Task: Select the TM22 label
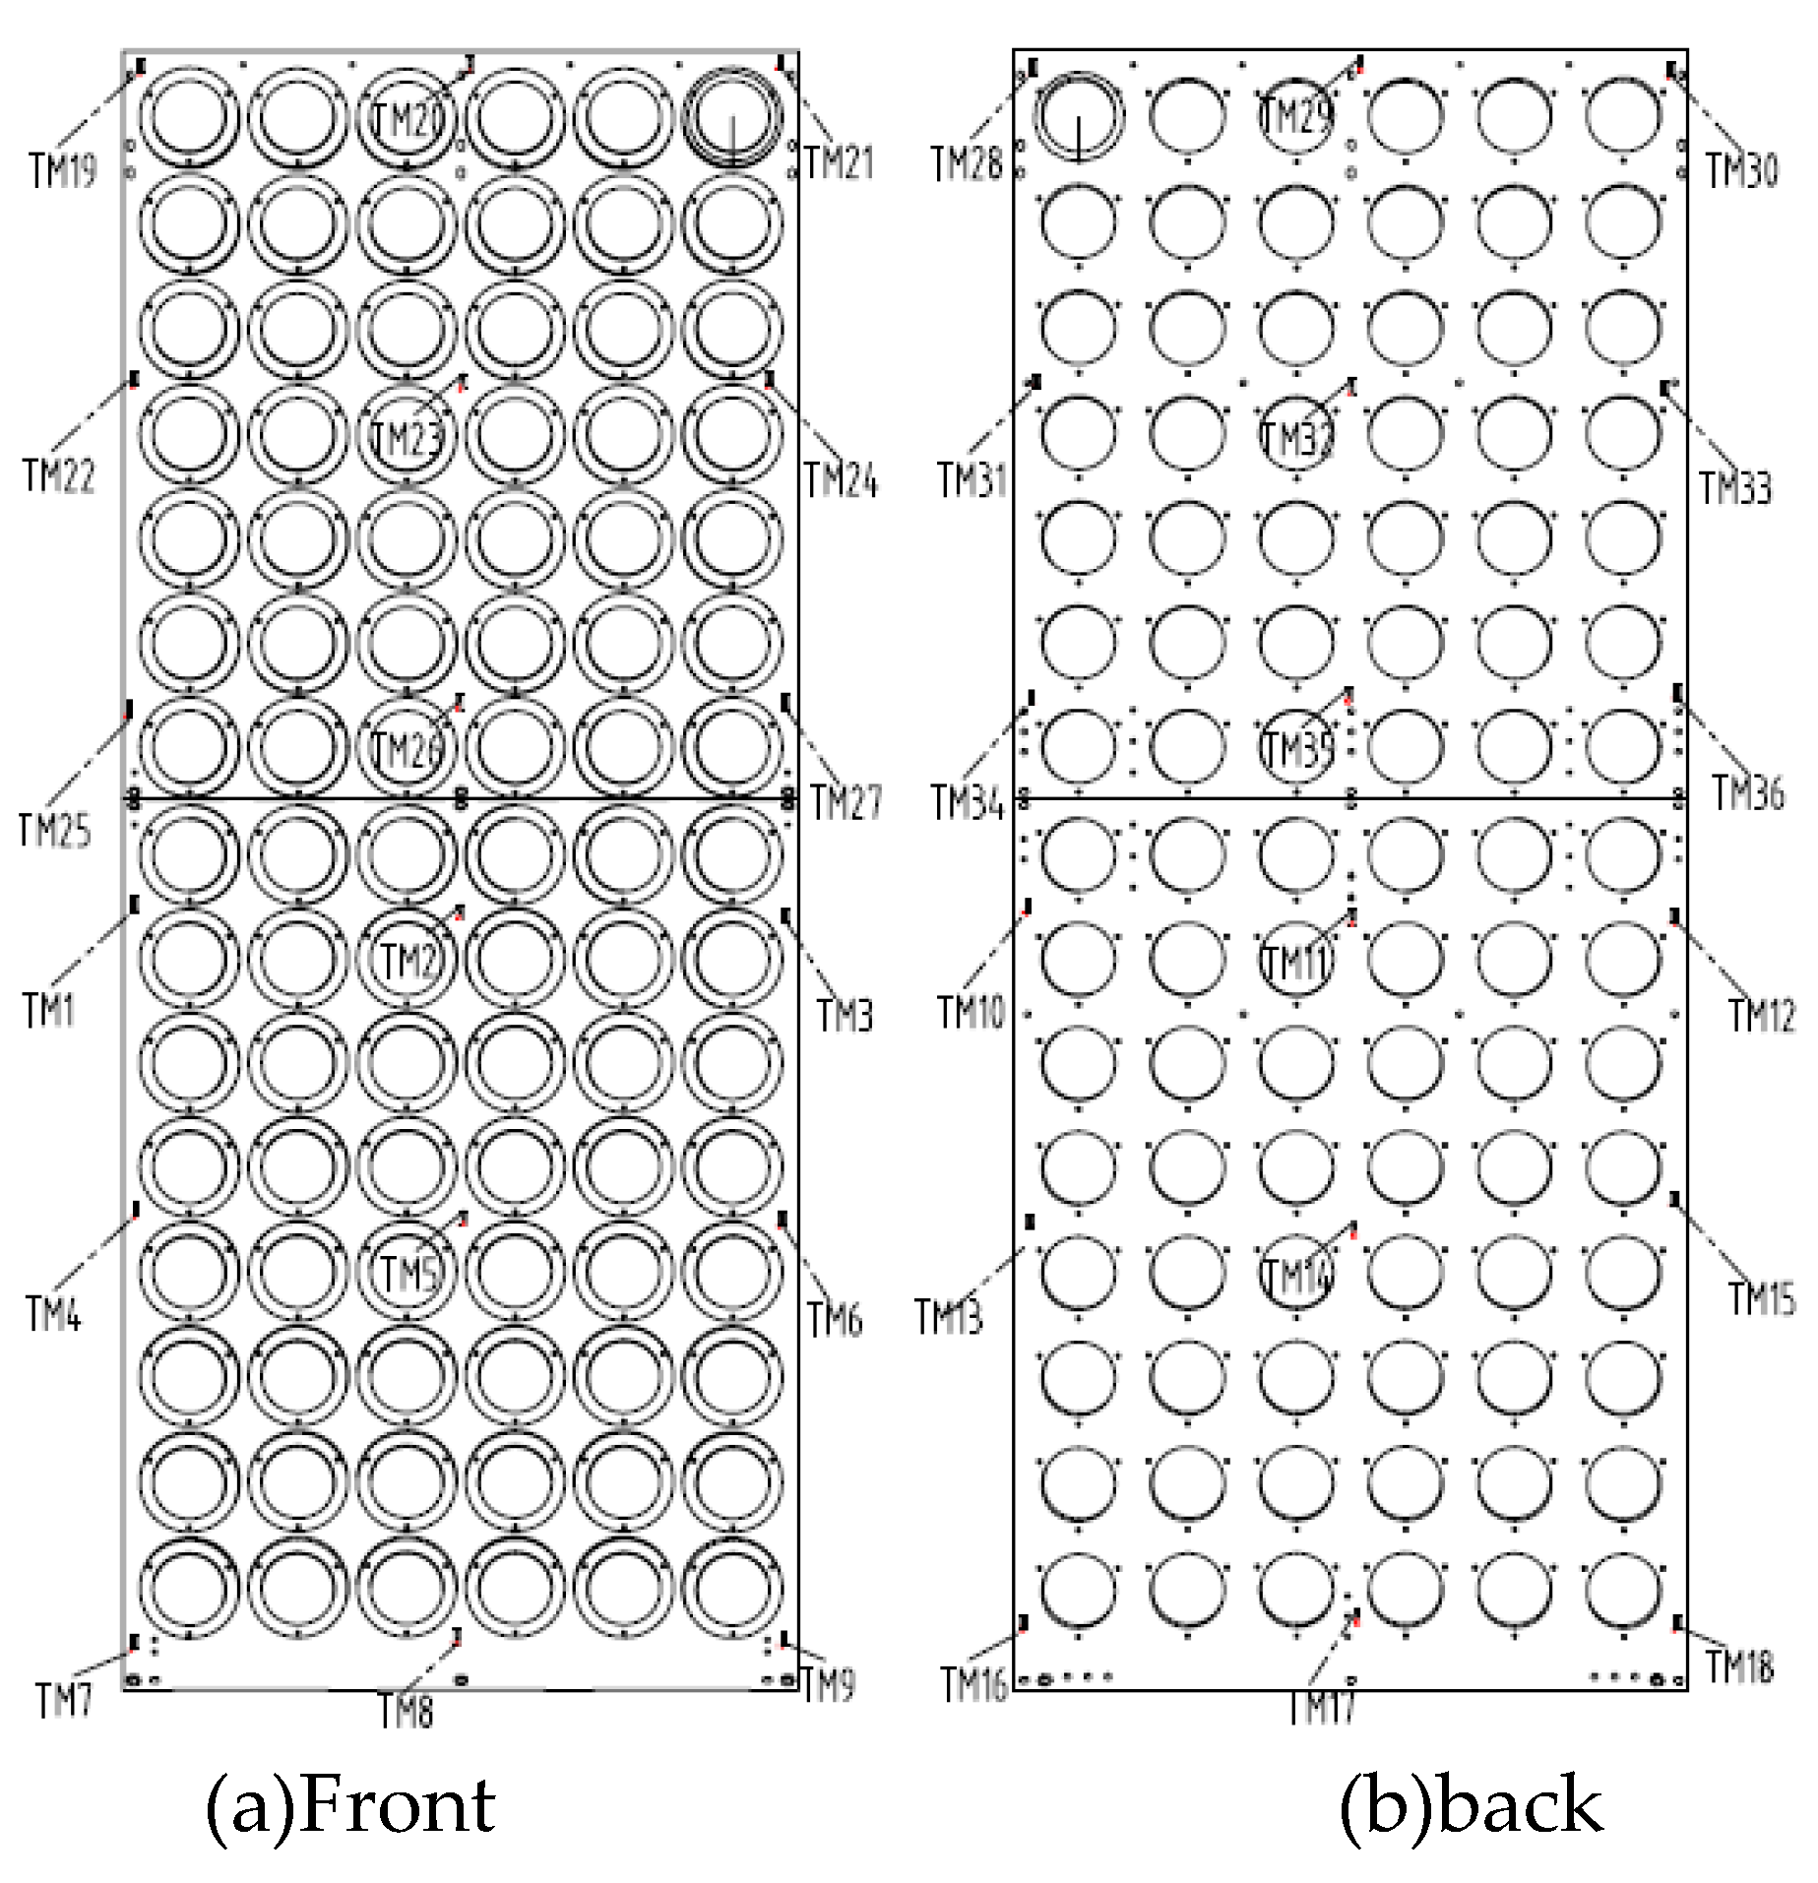[59, 476]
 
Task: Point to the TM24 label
[841, 481]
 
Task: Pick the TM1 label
[48, 1010]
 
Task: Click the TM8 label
[406, 1713]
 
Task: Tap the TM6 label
[835, 1319]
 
